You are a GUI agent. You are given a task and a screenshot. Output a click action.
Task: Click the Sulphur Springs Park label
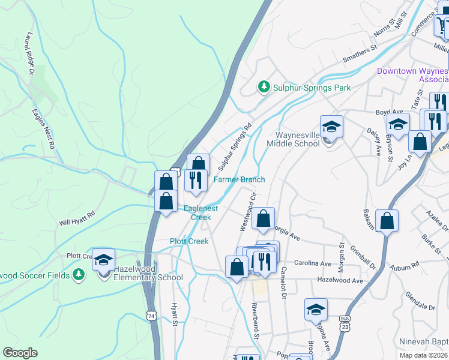click(x=312, y=88)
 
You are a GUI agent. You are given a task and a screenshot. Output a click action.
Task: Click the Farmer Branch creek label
click(x=240, y=179)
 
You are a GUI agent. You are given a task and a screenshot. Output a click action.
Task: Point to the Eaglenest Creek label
click(x=200, y=212)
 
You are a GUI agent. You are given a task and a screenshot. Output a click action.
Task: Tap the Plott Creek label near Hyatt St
click(x=188, y=241)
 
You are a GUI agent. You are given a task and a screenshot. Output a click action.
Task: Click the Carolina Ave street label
click(x=313, y=263)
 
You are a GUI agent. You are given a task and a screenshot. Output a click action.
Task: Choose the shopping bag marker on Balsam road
click(x=387, y=221)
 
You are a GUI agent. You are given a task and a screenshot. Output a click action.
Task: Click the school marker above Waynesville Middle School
click(x=331, y=127)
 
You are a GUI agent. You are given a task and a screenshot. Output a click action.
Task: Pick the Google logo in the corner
click(x=20, y=353)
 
